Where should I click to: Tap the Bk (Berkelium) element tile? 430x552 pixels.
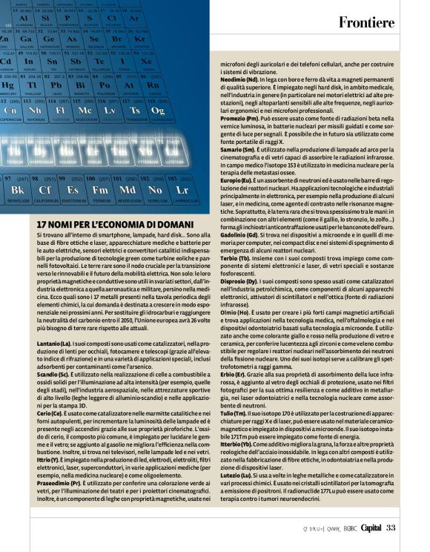click(19, 189)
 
